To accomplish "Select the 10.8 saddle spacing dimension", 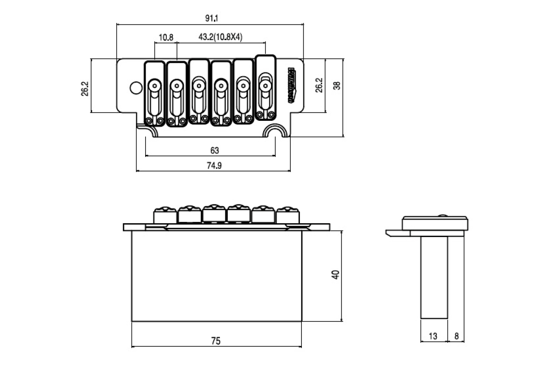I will pyautogui.click(x=166, y=37).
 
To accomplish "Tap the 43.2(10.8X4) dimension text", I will pyautogui.click(x=220, y=37).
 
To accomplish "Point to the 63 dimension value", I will pyautogui.click(x=214, y=150).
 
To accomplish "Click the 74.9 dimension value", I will pyautogui.click(x=214, y=166).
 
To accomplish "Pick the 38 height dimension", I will pyautogui.click(x=337, y=85).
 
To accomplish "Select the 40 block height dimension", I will pyautogui.click(x=336, y=275).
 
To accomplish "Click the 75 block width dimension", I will pyautogui.click(x=216, y=341).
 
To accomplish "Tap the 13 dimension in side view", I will pyautogui.click(x=433, y=337).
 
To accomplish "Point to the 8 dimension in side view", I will pyautogui.click(x=456, y=337).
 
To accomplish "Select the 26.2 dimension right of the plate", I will pyautogui.click(x=319, y=86).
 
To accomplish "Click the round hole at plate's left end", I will pyautogui.click(x=135, y=88).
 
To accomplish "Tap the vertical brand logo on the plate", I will pyautogui.click(x=292, y=85).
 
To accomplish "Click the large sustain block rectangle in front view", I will pyautogui.click(x=217, y=276).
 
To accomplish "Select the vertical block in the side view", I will pyautogui.click(x=434, y=277).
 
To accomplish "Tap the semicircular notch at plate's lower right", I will pyautogui.click(x=276, y=132).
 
